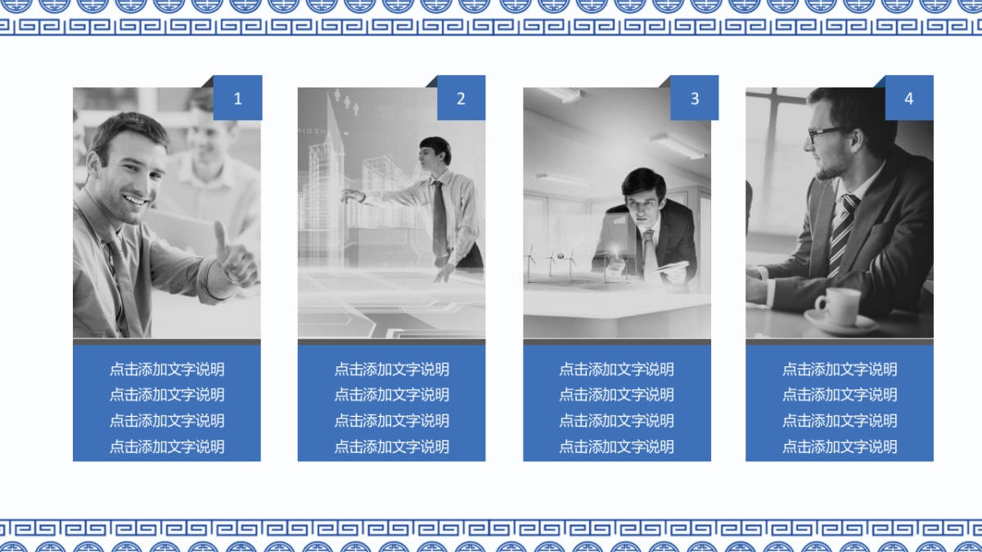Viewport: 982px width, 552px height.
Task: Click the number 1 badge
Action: coord(237,98)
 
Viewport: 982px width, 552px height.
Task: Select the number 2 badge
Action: coord(461,98)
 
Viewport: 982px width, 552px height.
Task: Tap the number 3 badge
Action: coord(694,98)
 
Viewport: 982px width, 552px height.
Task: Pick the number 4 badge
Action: coord(908,98)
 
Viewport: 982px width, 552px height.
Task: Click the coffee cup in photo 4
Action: coord(839,306)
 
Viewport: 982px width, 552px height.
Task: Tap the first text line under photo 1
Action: coord(167,369)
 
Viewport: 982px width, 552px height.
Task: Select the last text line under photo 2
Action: coord(391,447)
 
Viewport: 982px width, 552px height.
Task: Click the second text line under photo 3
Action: coord(616,395)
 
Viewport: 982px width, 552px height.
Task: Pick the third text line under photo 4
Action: coord(840,420)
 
